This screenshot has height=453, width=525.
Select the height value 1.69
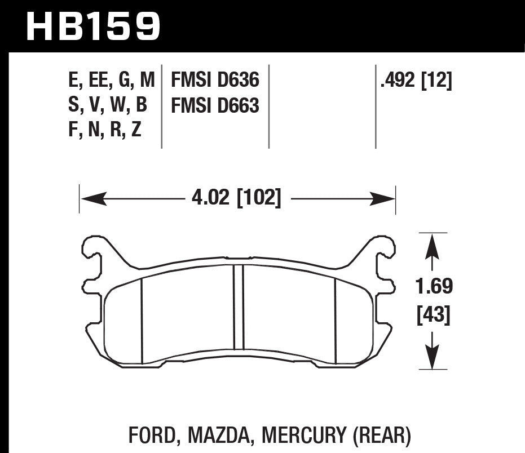point(434,287)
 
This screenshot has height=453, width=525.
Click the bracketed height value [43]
point(434,316)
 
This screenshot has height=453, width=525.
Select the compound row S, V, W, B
point(107,105)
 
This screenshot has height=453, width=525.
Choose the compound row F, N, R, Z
point(104,130)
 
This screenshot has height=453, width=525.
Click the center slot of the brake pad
point(238,307)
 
